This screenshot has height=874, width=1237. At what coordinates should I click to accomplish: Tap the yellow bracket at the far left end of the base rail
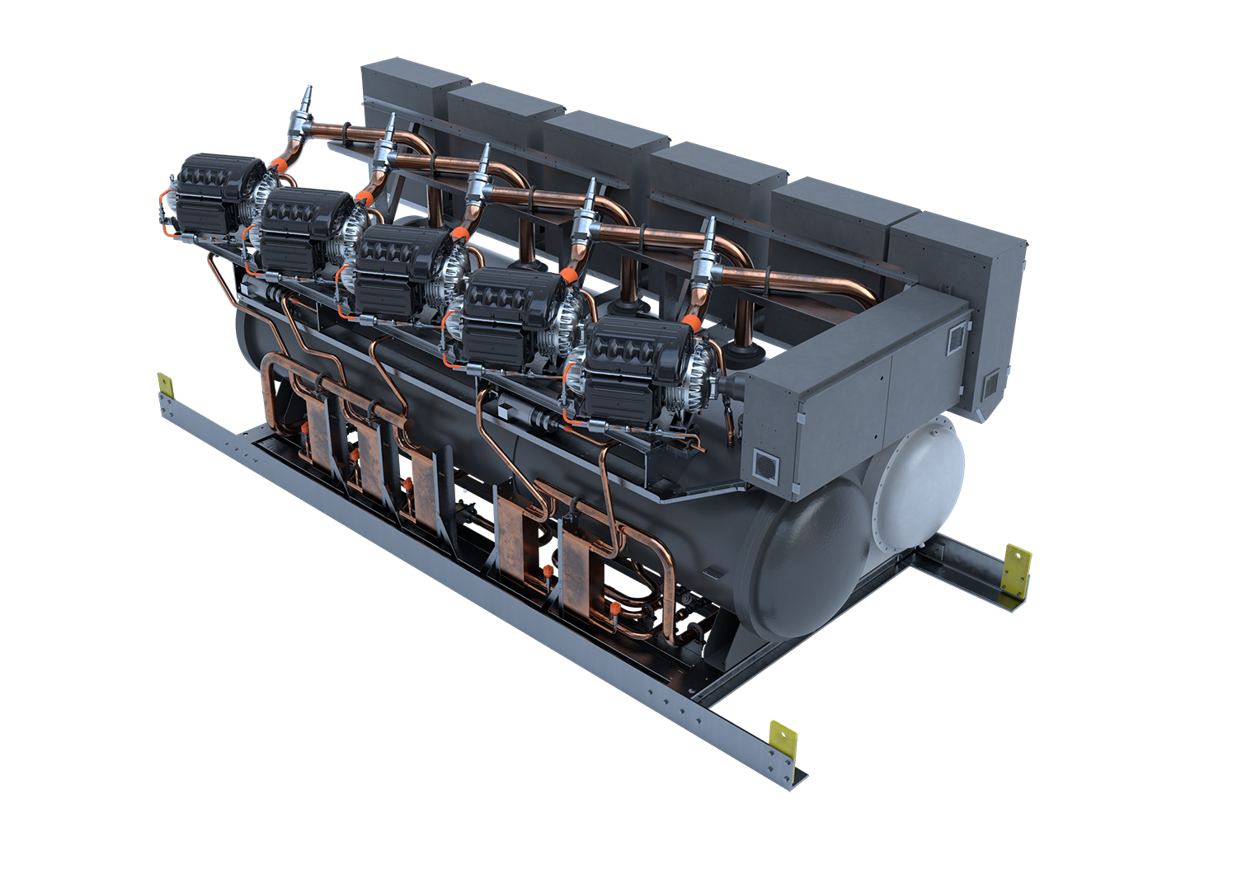[x=165, y=384]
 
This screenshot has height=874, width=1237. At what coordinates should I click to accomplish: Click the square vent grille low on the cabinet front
[x=767, y=466]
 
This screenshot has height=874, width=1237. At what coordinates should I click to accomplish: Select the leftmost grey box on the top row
[x=412, y=87]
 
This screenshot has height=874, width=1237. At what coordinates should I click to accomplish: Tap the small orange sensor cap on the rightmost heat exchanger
[x=614, y=609]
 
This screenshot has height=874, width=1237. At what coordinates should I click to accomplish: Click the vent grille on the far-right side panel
[x=990, y=383]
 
